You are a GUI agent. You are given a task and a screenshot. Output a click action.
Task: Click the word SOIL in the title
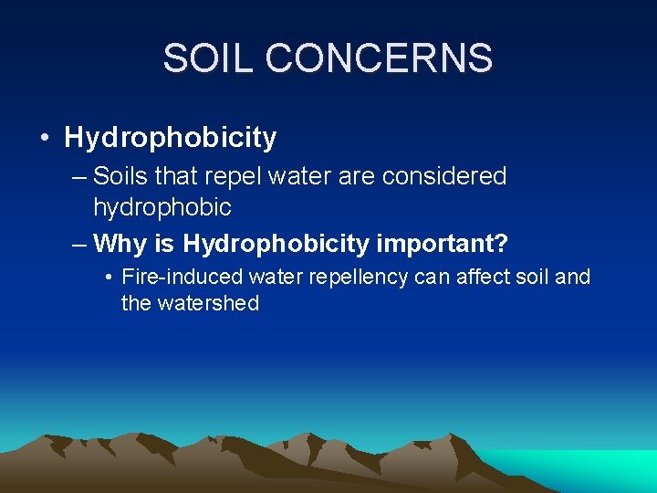[207, 58]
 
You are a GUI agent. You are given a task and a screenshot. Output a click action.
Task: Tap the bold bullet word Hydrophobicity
[170, 138]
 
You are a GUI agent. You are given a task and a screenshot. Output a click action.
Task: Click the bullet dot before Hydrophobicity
[44, 139]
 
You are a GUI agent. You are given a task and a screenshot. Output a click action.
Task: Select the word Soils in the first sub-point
[120, 175]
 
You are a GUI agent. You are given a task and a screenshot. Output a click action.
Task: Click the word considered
[443, 175]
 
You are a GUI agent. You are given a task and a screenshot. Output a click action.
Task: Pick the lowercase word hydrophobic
[162, 207]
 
